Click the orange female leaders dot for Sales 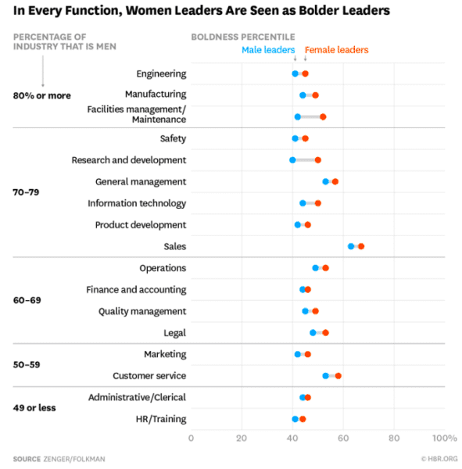pos(361,246)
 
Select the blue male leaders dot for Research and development pos(292,160)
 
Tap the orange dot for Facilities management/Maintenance pos(323,116)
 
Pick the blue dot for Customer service pos(326,376)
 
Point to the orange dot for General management pos(335,181)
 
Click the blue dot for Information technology pos(303,203)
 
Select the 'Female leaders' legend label pos(336,50)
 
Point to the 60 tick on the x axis pos(343,438)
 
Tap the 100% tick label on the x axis pos(444,438)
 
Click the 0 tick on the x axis pos(191,438)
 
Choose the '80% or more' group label pos(41,95)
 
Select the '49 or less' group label pos(34,407)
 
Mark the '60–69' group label pos(27,299)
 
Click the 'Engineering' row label pos(161,73)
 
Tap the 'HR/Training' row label pos(160,419)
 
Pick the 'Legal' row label pos(174,333)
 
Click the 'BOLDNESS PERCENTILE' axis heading pos(243,37)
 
